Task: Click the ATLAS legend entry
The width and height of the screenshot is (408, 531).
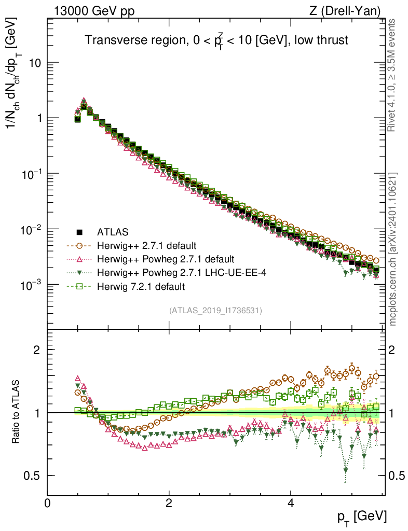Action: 112,232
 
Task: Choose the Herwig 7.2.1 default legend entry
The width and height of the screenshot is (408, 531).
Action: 141,286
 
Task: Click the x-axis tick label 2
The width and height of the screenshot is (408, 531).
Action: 169,503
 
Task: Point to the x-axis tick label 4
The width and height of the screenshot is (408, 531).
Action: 290,503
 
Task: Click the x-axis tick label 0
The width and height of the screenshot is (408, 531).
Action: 47,503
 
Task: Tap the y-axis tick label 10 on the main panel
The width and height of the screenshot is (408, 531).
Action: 34,63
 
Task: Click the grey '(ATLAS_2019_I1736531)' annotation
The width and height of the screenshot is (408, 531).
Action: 215,311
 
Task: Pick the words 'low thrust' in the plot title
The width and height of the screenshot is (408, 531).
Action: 319,40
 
